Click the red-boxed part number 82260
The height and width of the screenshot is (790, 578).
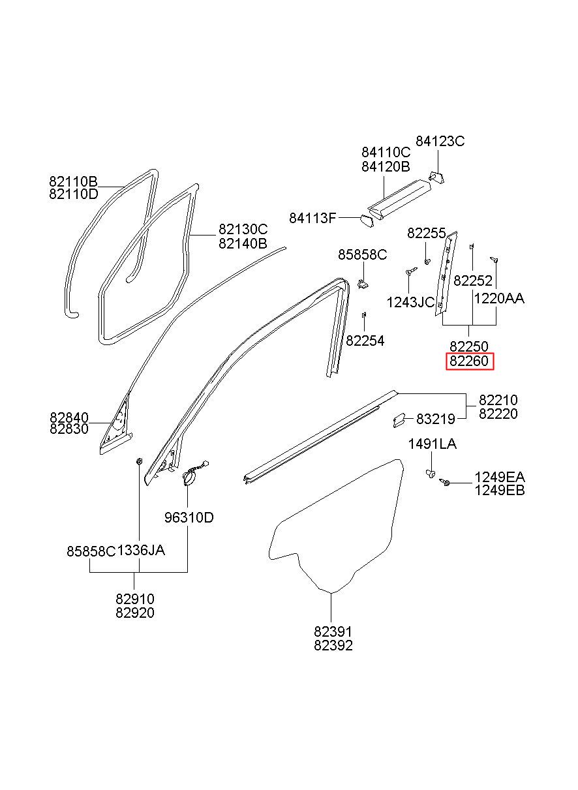[470, 361]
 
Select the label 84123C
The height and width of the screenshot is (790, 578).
[440, 141]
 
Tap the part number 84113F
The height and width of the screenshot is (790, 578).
[312, 218]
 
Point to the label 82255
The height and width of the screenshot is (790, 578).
[427, 233]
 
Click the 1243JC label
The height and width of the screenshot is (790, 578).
[410, 302]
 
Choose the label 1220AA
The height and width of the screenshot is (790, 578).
[499, 299]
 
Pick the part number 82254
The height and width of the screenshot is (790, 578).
[365, 341]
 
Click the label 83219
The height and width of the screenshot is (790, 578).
[436, 419]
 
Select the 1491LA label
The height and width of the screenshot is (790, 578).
[433, 444]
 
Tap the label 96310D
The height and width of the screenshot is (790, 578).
[189, 518]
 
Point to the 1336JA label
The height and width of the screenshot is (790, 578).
[141, 550]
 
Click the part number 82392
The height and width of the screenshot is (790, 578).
[333, 645]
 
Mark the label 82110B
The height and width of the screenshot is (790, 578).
[73, 181]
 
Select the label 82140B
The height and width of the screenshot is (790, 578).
[243, 243]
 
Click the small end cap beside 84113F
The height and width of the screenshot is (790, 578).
[367, 220]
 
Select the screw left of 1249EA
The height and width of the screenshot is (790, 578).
[444, 481]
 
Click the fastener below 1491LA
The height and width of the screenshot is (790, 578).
[431, 474]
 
